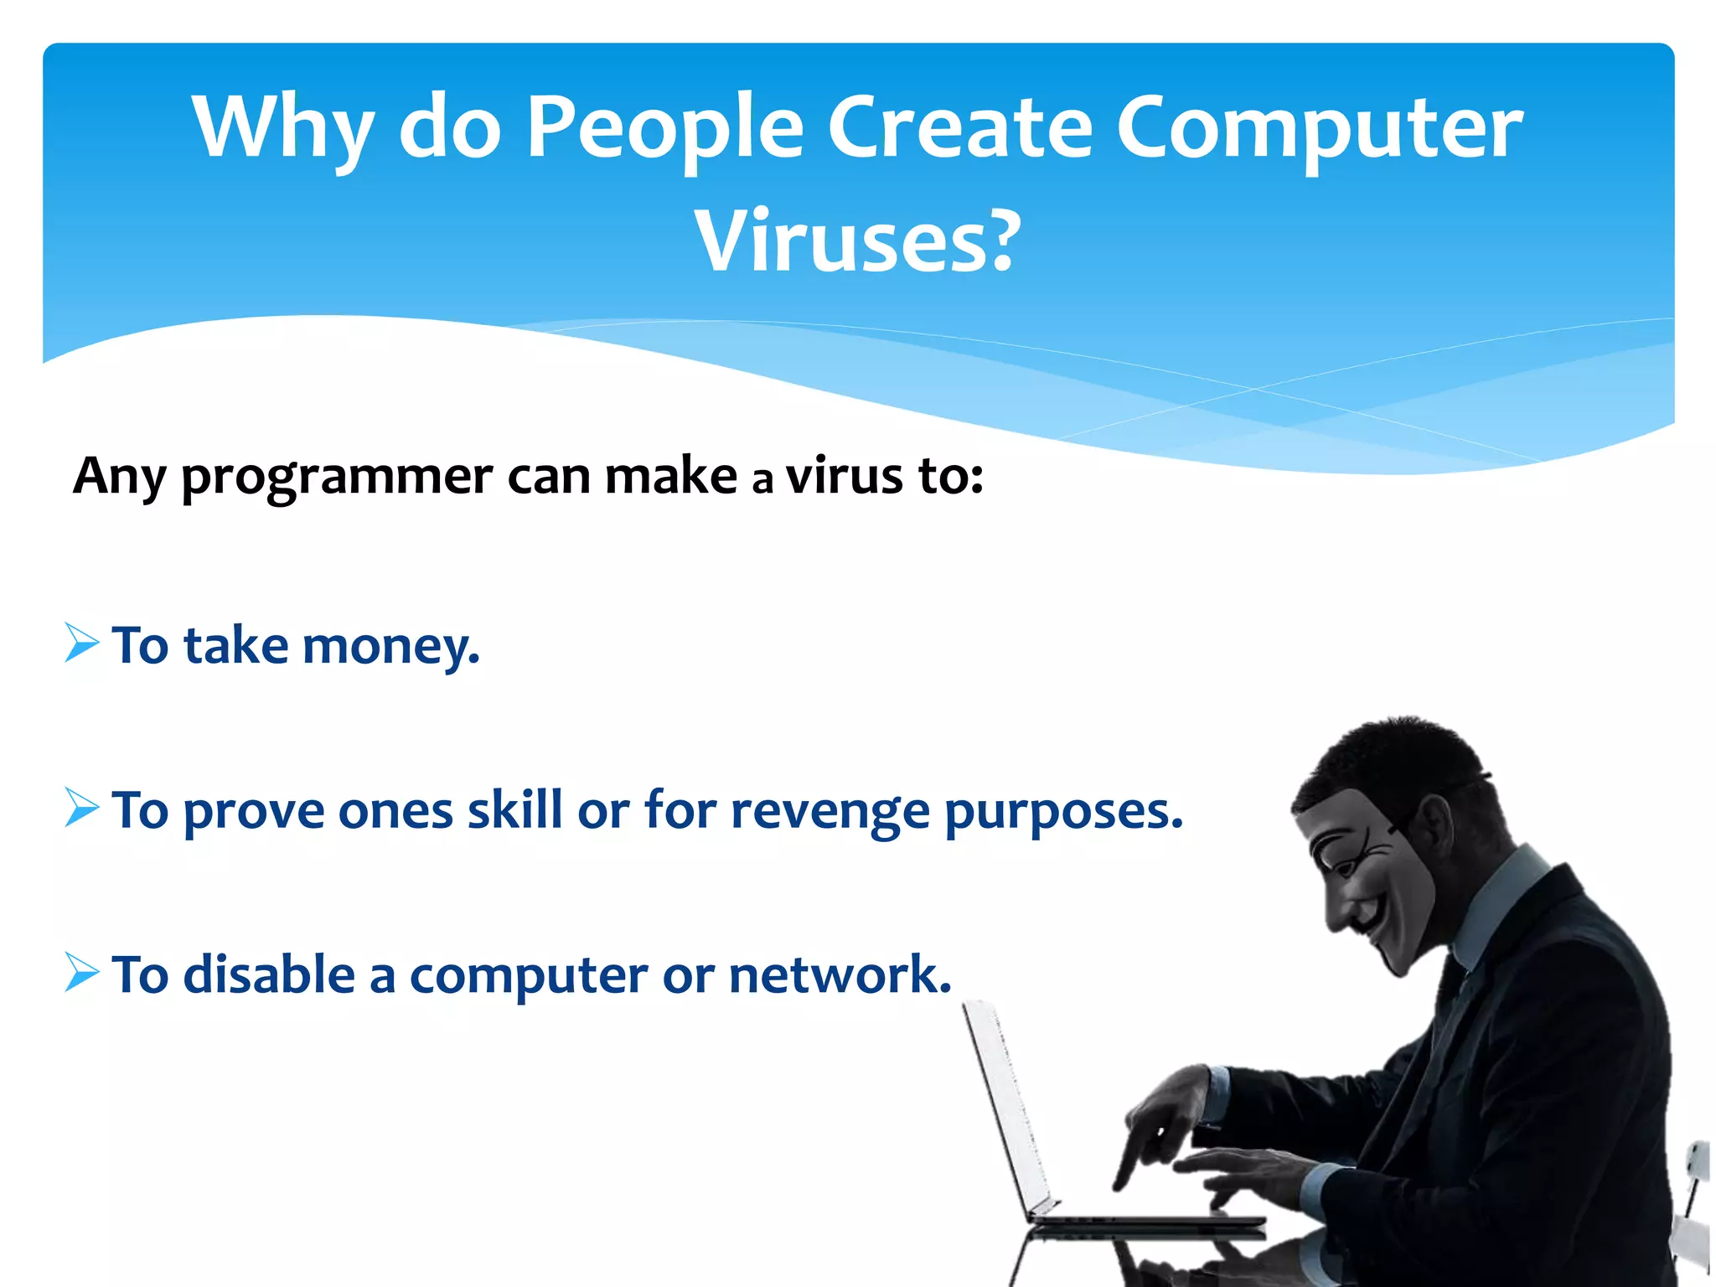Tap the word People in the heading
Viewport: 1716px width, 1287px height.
(665, 127)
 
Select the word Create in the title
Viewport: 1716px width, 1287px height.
(959, 127)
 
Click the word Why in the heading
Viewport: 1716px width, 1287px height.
(282, 127)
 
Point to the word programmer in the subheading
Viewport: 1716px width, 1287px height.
(337, 478)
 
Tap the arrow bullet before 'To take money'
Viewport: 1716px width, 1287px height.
(81, 643)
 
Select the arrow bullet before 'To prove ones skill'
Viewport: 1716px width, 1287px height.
(81, 808)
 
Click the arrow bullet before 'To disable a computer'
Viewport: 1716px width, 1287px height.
(81, 973)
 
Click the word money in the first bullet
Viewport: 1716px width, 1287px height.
(390, 647)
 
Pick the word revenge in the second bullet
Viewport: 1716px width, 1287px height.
(830, 811)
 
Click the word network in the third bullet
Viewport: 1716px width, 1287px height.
(840, 974)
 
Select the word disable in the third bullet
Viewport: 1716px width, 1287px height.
(269, 974)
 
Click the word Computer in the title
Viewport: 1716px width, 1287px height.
(1319, 127)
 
